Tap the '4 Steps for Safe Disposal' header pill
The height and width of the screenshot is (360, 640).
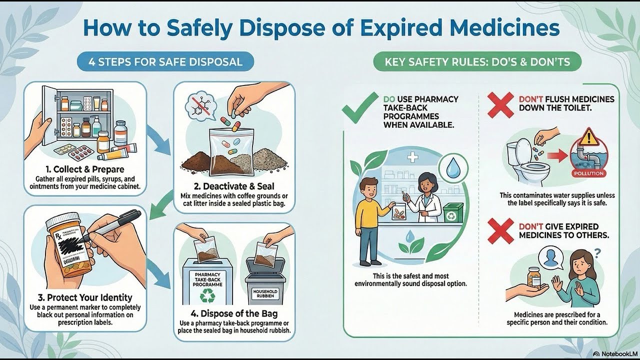(x=165, y=62)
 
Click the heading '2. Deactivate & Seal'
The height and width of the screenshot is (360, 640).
(x=234, y=186)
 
